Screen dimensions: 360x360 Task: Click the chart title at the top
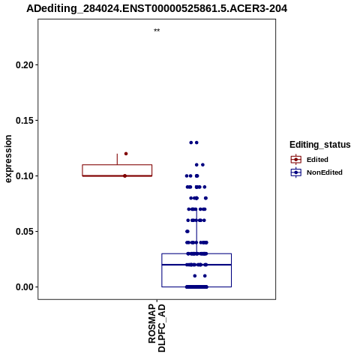click(157, 8)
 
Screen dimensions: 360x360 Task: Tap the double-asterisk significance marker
click(157, 31)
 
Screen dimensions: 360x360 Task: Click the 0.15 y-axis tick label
click(25, 120)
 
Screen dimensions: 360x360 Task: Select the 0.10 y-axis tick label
click(25, 175)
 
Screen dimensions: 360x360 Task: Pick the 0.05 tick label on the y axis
click(25, 231)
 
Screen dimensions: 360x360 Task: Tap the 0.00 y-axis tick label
click(25, 287)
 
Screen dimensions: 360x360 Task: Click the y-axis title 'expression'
click(8, 159)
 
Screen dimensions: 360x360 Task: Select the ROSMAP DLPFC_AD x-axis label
click(157, 328)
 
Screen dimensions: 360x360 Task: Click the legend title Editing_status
click(320, 145)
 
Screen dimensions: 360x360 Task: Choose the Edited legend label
click(317, 160)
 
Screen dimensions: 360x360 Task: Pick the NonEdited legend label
click(325, 172)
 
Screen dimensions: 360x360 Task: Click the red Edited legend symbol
click(296, 159)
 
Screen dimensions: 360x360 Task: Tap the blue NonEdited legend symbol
click(296, 172)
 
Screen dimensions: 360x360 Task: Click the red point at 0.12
click(126, 154)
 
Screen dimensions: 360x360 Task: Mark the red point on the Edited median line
click(125, 175)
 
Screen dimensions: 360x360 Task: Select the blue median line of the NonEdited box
click(196, 265)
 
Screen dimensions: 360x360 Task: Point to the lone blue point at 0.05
click(187, 231)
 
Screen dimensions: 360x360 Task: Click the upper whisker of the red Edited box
click(117, 159)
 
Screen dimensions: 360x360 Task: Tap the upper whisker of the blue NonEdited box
click(196, 231)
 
